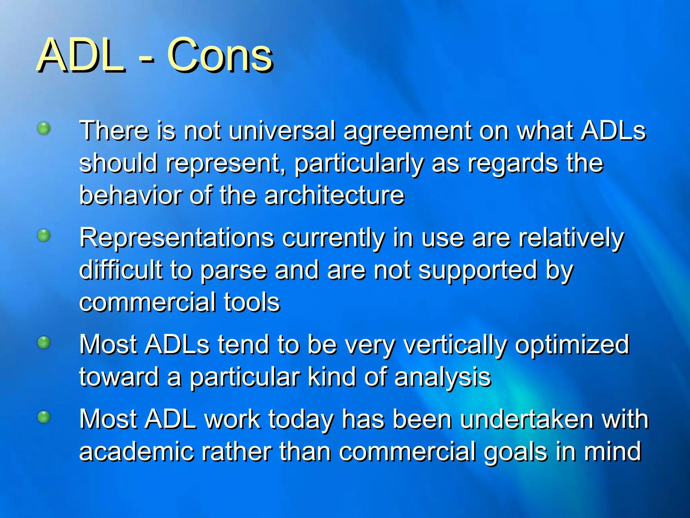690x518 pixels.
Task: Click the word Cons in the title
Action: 220,56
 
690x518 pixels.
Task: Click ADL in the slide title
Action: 81,56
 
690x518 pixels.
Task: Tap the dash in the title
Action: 146,61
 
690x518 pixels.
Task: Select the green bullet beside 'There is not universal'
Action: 44,128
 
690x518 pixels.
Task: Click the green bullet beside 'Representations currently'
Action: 44,235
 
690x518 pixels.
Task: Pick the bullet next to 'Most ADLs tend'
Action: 44,343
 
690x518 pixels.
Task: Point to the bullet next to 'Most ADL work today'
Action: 44,417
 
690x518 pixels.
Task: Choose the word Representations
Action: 177,238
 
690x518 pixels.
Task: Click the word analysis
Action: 442,378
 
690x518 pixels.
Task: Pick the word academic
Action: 136,452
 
